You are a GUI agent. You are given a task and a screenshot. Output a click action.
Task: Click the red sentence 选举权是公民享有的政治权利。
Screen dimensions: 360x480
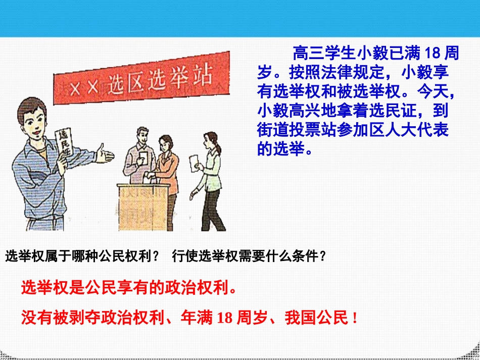[129, 288]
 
